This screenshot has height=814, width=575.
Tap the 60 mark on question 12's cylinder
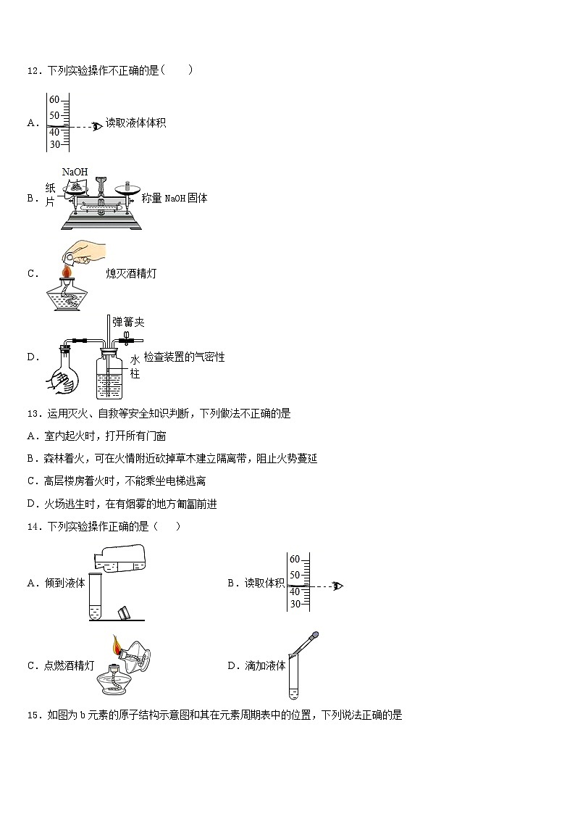[x=54, y=100]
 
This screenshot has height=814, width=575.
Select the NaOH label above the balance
[x=75, y=172]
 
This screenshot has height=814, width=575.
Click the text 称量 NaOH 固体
[x=175, y=198]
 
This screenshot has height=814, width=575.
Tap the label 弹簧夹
[x=128, y=322]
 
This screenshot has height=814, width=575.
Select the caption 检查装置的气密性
[x=184, y=357]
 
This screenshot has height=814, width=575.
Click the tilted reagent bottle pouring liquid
[x=121, y=560]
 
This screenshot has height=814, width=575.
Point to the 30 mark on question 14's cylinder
[x=295, y=604]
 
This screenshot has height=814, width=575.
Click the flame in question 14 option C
[x=116, y=644]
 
